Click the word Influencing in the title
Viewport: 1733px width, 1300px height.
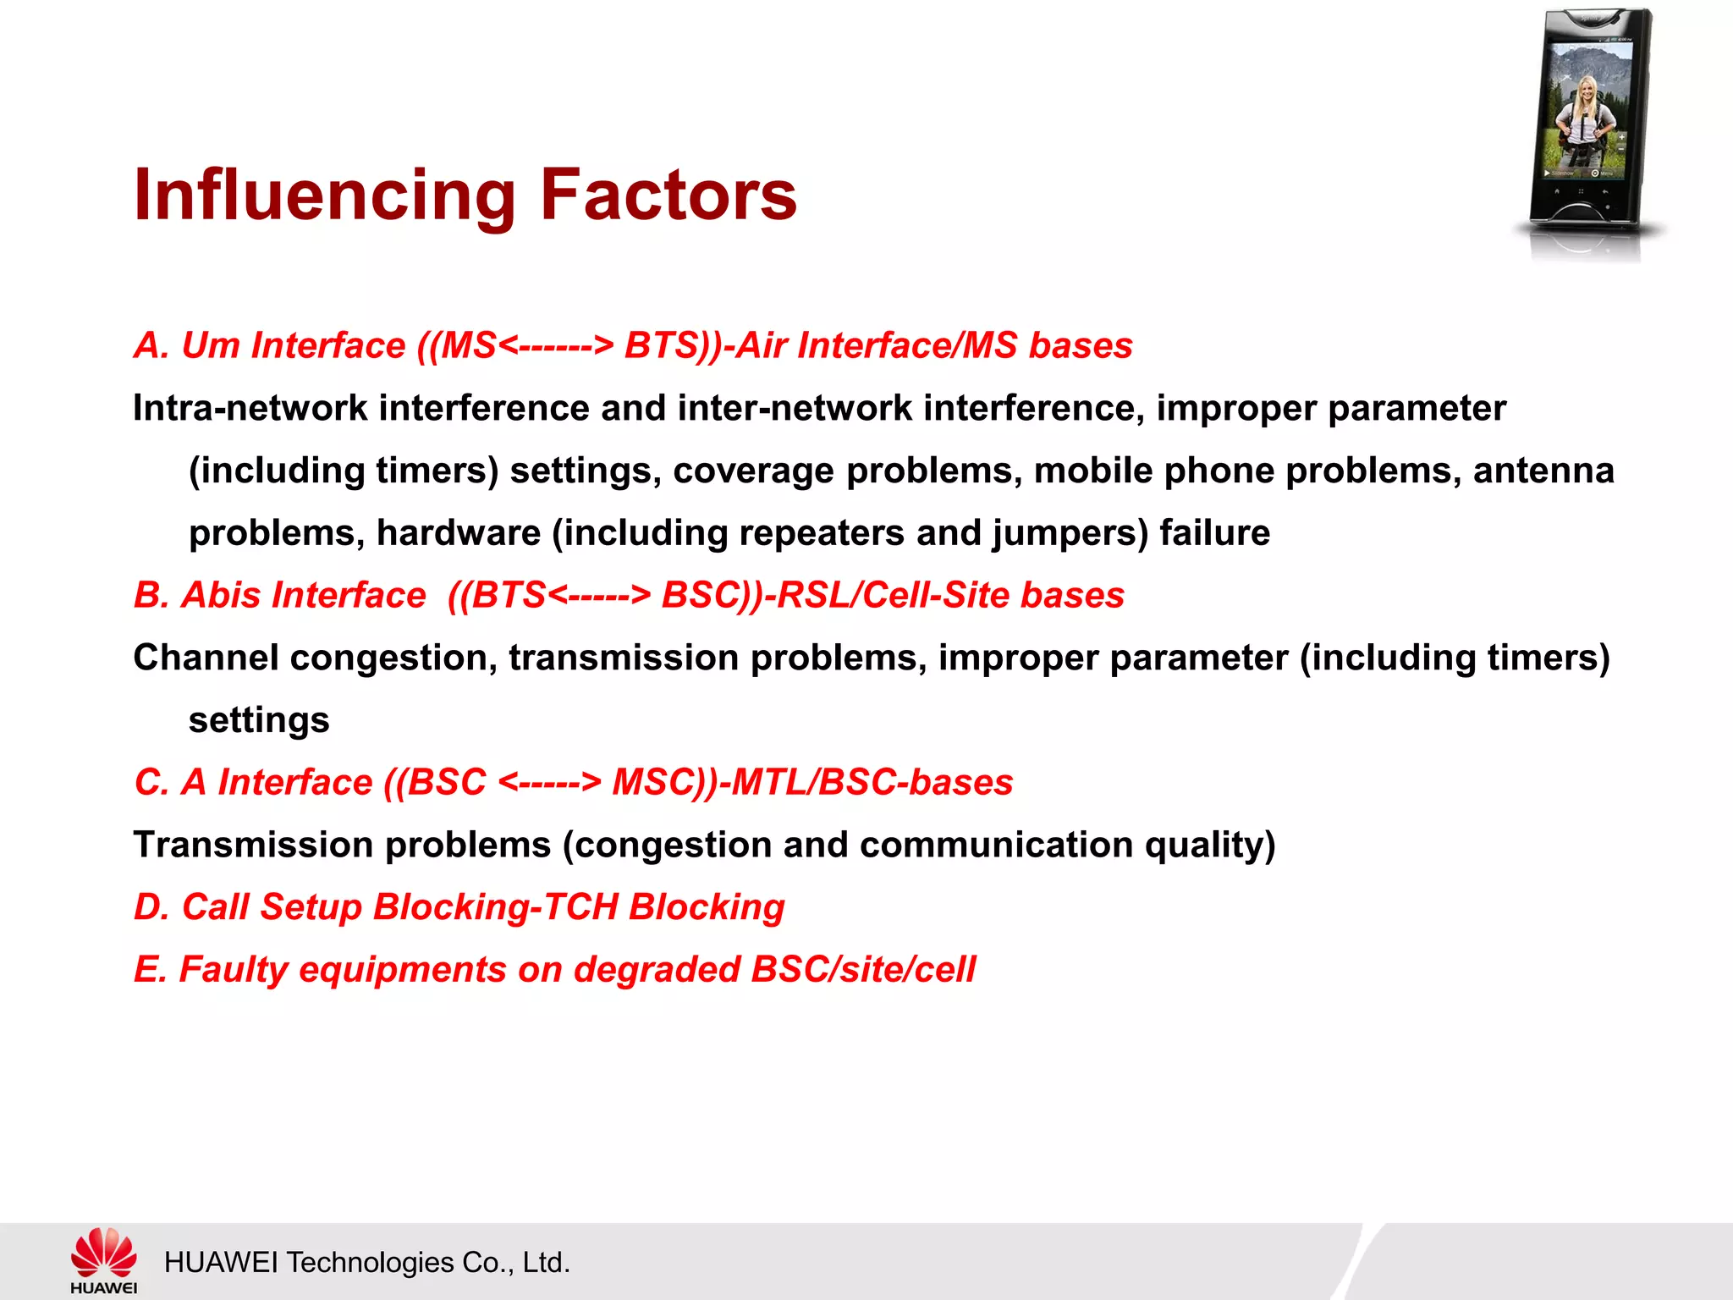324,196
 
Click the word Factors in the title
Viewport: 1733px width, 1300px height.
668,195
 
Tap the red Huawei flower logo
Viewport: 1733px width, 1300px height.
103,1253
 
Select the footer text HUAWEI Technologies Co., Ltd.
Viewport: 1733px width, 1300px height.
366,1262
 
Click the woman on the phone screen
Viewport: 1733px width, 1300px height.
1582,118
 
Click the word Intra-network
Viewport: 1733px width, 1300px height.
250,409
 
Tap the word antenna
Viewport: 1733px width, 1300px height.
1543,471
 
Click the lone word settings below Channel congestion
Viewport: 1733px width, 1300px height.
259,721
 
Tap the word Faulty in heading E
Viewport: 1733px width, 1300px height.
234,970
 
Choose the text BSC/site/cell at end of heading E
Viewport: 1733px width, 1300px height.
863,970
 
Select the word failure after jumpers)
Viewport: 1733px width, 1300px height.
1214,533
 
